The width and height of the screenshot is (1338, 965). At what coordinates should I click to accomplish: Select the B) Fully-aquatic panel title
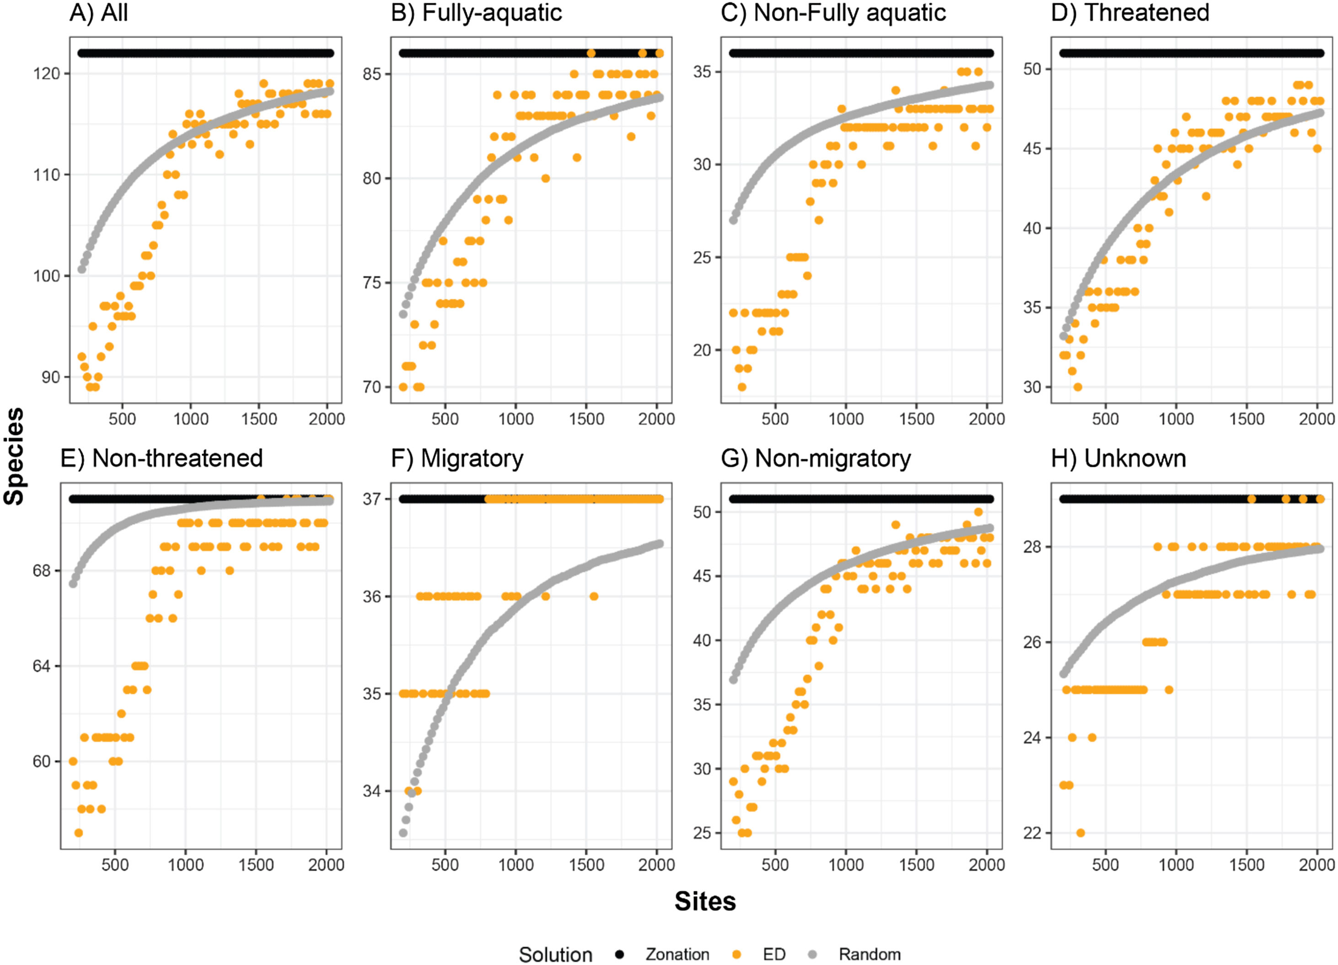[x=476, y=13]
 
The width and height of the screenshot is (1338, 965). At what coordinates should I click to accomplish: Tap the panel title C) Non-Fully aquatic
[x=833, y=13]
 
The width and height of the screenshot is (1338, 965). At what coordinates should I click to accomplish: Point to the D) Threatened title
[x=1130, y=13]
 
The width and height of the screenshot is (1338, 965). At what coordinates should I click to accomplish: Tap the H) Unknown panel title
[x=1118, y=458]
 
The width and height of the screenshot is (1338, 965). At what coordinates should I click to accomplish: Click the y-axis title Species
[x=14, y=456]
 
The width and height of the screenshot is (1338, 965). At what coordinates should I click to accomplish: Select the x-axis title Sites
[x=705, y=901]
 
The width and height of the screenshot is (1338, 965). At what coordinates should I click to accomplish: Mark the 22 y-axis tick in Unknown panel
[x=1033, y=833]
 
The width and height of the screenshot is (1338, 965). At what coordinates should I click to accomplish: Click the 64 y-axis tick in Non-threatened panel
[x=42, y=666]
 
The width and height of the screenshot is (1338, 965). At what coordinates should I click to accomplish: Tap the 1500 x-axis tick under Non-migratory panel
[x=916, y=865]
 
